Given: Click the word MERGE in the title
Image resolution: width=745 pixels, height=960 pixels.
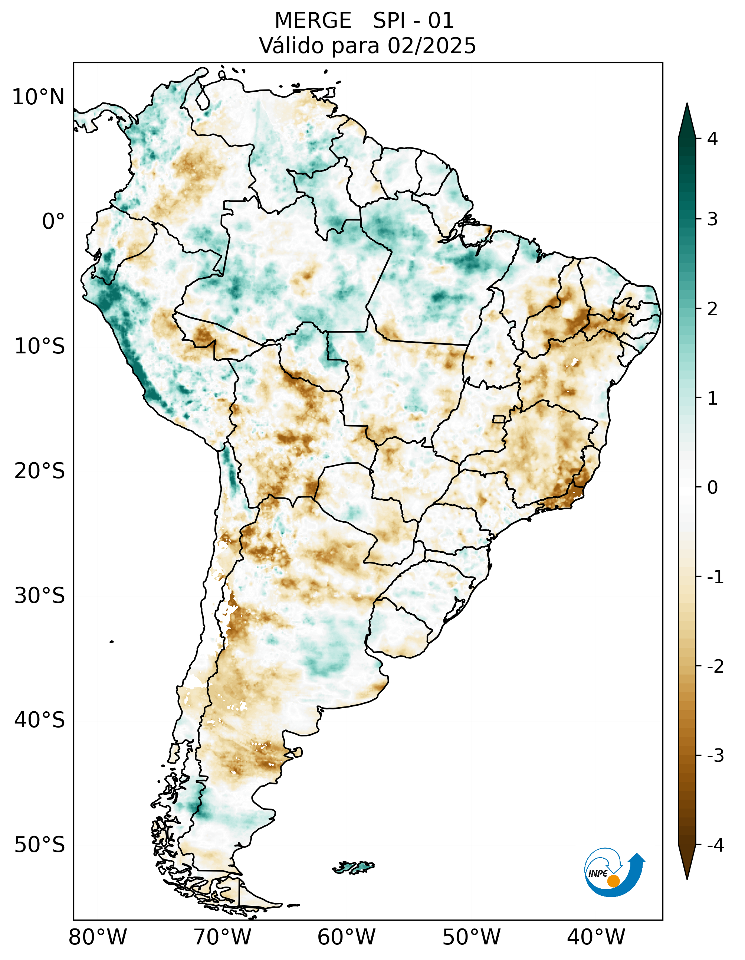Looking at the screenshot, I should (x=313, y=21).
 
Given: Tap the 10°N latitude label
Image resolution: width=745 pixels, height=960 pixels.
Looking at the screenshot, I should (x=39, y=97).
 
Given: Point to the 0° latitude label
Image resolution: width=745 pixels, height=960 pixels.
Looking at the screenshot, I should (x=53, y=222).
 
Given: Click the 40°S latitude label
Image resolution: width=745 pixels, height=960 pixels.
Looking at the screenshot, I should (x=40, y=721).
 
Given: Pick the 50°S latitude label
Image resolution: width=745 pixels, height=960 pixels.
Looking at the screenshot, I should (x=40, y=845).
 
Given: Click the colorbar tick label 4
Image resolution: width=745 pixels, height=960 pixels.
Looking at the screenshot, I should (x=712, y=139).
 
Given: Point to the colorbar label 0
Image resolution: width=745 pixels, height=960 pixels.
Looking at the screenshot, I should (x=712, y=487).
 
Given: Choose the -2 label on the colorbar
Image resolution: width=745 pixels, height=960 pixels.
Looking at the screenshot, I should (x=715, y=667).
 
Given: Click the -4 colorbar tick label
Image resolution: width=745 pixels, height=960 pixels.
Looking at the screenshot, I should (x=715, y=845).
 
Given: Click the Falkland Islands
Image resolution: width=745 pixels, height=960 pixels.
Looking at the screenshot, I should (x=354, y=867).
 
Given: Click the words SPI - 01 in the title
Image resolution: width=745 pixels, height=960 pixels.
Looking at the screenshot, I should (x=413, y=21).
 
